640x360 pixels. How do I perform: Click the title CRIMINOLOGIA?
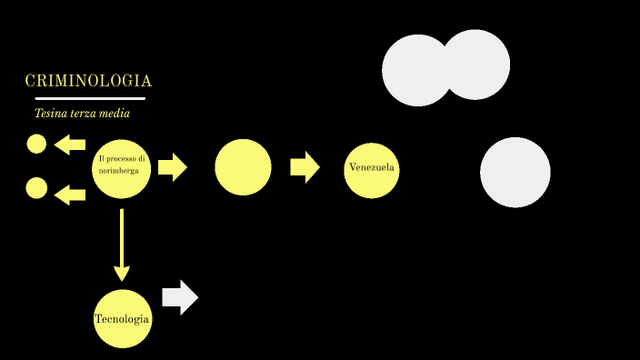point(88,81)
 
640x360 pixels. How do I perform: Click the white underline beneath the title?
point(90,98)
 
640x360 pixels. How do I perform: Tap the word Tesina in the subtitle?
point(49,114)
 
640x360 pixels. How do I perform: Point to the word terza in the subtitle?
point(82,114)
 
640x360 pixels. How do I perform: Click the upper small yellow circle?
point(36,144)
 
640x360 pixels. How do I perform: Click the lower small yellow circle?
point(36,188)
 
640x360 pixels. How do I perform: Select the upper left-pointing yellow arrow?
point(69,145)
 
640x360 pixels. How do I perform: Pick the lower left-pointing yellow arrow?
point(69,194)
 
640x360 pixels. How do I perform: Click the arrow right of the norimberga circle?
point(172,167)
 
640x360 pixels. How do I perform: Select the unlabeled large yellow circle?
point(243,167)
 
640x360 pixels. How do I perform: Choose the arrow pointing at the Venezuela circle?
point(305,167)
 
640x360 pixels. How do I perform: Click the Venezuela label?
point(372,168)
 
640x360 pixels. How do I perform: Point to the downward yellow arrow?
point(122,245)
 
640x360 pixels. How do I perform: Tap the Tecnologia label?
point(122,319)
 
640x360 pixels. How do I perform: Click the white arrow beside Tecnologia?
point(180,297)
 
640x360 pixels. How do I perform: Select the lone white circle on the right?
point(515,172)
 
